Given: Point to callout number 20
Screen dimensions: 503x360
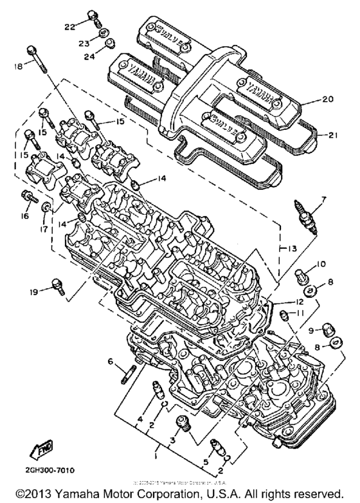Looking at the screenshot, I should click(328, 100).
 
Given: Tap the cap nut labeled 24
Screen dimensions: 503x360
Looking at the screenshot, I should click(109, 44).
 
